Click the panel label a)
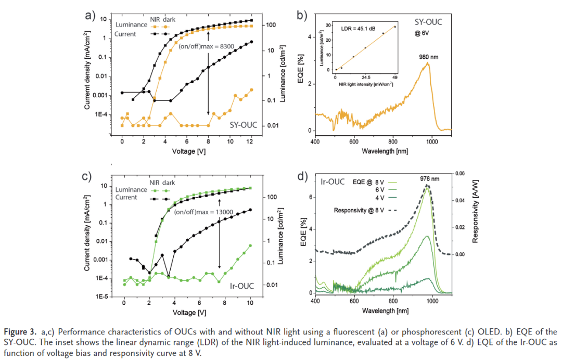point(91,15)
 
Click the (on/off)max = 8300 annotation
point(205,46)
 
